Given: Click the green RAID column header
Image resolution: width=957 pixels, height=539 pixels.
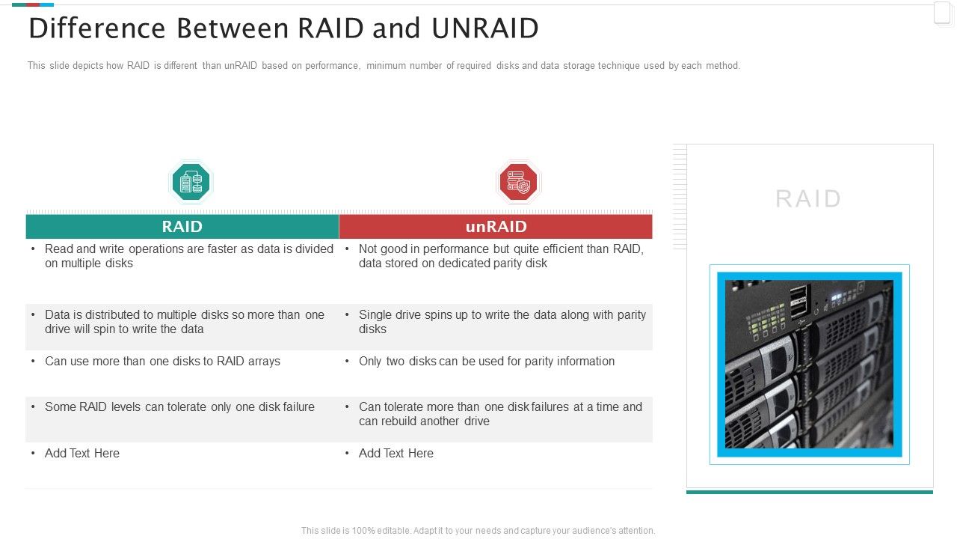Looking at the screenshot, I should tap(182, 227).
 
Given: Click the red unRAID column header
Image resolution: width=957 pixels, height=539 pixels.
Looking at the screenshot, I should tap(496, 227).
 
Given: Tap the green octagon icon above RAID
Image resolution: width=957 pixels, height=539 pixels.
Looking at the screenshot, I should tap(191, 182).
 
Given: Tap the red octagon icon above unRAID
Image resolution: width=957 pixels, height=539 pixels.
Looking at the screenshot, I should tap(518, 182).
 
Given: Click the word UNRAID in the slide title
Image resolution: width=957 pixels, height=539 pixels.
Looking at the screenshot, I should tap(485, 28).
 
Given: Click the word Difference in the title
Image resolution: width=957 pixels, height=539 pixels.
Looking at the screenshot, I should tap(96, 28).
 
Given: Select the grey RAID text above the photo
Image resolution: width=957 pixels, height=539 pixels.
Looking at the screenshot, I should tap(808, 199).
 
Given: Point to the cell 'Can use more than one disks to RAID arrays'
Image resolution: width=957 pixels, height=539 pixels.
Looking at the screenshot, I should tap(162, 362).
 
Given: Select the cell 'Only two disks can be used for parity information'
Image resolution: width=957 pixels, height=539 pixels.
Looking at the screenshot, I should tap(486, 362).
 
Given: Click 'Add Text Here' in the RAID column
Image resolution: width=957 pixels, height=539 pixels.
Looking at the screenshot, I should tap(82, 454).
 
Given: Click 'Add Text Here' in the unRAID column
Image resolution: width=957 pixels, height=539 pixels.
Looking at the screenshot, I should tap(396, 454).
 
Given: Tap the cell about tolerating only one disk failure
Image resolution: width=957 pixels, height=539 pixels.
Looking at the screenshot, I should tap(179, 407).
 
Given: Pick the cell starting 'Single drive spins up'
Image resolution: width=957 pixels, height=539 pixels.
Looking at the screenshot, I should tap(501, 322).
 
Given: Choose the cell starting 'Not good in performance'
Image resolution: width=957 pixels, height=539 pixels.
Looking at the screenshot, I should tap(499, 256).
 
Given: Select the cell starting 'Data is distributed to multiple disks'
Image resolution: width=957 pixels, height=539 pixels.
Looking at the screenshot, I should tap(184, 322).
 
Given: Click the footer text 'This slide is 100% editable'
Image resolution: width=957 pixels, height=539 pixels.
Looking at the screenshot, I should tap(478, 531).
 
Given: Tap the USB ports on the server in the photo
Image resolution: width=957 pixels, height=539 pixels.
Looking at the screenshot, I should tap(797, 299).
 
